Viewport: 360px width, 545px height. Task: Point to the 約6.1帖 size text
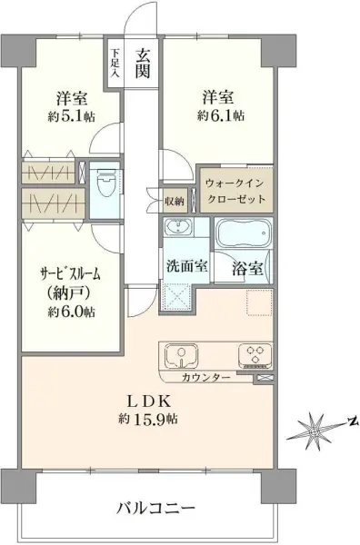pyautogui.click(x=218, y=116)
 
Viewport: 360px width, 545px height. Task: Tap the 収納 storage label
pyautogui.click(x=175, y=200)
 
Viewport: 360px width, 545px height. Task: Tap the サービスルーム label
pyautogui.click(x=67, y=272)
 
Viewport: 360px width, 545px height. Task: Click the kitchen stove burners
pyautogui.click(x=251, y=354)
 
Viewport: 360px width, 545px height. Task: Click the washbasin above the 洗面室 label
pyautogui.click(x=178, y=228)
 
